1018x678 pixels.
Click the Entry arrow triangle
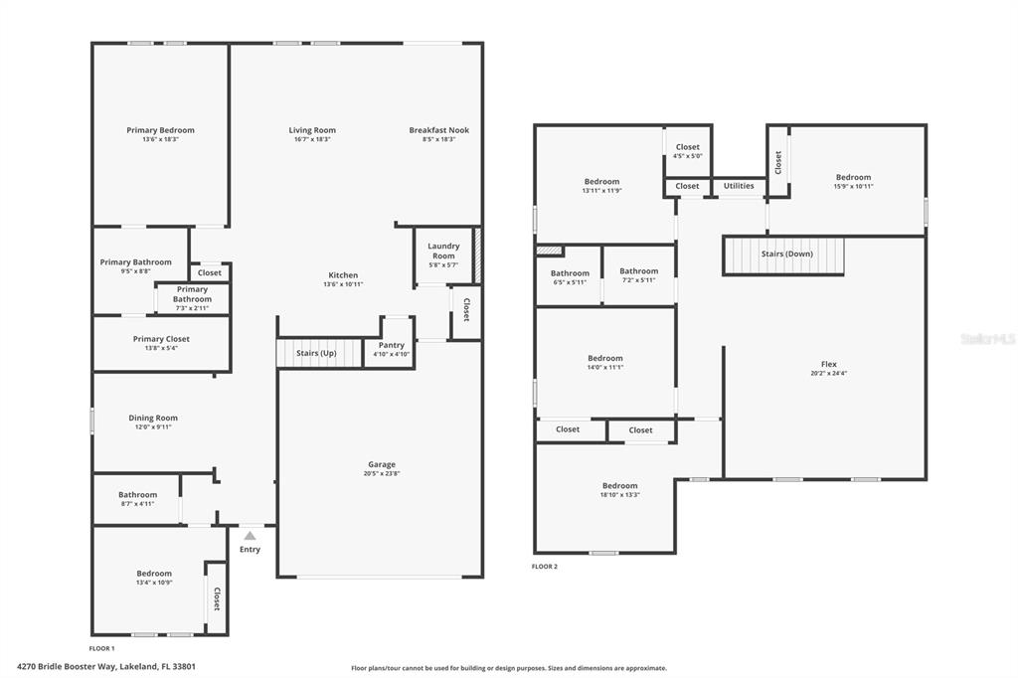click(250, 536)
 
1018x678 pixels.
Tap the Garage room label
click(382, 464)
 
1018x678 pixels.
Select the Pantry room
click(391, 344)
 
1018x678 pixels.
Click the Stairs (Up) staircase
click(319, 353)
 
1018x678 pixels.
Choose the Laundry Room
click(443, 255)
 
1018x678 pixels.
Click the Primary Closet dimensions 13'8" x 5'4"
click(161, 348)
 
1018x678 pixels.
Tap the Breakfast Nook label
click(438, 130)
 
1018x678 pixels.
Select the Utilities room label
click(739, 186)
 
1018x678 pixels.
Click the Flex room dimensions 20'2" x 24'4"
click(828, 374)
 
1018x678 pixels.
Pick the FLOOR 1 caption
click(102, 648)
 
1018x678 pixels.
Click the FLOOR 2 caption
click(545, 567)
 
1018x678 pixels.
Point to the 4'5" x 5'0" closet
click(688, 151)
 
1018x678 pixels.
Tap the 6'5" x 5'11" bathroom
click(570, 276)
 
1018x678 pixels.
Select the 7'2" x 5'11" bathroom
click(639, 274)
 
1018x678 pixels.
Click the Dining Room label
click(153, 419)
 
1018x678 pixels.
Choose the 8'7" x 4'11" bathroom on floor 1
click(137, 498)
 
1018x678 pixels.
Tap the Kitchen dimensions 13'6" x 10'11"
click(343, 284)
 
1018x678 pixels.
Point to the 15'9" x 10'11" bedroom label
click(853, 177)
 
